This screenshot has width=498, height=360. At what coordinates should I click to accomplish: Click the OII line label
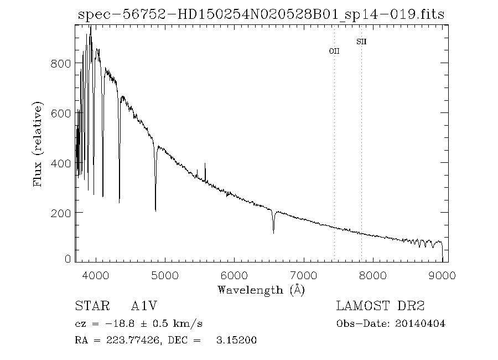[x=334, y=51]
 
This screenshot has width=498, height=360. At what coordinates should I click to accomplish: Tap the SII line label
[x=361, y=42]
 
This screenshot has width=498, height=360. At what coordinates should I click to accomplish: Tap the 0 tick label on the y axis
[x=68, y=259]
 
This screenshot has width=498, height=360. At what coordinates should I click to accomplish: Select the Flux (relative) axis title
[x=38, y=144]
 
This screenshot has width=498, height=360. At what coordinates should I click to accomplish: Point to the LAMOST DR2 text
[x=381, y=306]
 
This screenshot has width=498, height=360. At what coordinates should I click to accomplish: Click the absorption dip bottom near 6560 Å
[x=273, y=233]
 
